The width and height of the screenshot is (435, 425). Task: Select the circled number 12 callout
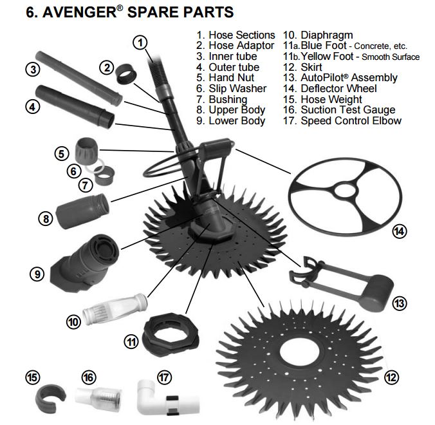click(x=390, y=377)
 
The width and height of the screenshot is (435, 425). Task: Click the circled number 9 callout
click(x=37, y=273)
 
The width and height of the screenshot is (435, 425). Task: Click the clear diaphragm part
click(x=122, y=308)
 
